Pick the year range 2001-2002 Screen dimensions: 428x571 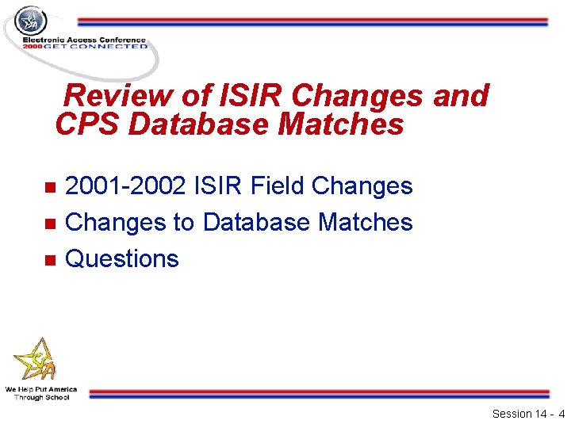[126, 186]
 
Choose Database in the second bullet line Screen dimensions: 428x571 [257, 223]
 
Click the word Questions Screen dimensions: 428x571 [122, 259]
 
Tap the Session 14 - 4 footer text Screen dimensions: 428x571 [528, 414]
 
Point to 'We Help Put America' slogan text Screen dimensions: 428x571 [41, 389]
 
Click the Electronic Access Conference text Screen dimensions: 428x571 [84, 39]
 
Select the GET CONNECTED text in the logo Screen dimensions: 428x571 [95, 46]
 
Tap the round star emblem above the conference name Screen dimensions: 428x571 [31, 20]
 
